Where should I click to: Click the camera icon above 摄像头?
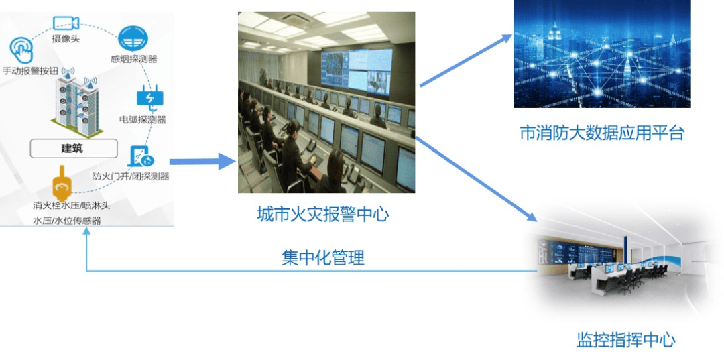click(66, 23)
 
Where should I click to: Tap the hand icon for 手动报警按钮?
click(21, 50)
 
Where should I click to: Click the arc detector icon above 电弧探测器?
click(151, 99)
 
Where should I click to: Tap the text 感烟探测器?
click(134, 59)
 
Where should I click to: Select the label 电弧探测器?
click(143, 120)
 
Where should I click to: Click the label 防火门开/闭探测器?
click(130, 176)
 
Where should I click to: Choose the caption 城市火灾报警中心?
click(322, 215)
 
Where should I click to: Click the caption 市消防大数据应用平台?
click(601, 133)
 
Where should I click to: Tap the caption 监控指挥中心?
click(626, 340)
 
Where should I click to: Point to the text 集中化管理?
click(323, 258)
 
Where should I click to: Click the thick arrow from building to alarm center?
click(202, 162)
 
